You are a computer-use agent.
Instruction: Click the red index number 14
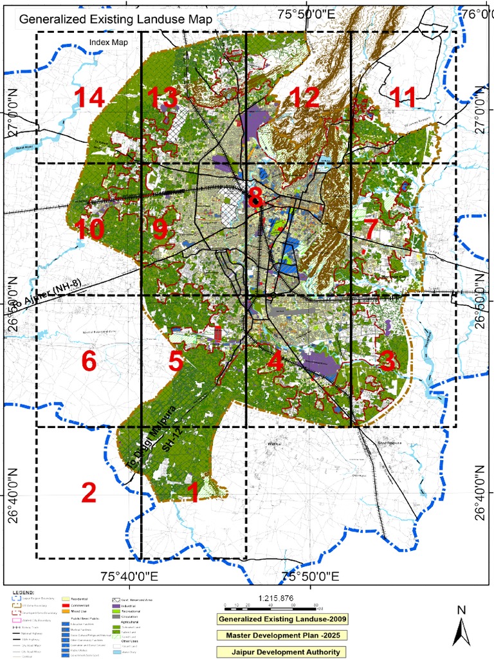(88, 98)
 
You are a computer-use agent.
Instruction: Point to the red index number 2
(89, 493)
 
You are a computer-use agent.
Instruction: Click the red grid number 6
(89, 362)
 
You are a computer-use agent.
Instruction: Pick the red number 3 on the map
(387, 361)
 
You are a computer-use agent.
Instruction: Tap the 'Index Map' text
(109, 42)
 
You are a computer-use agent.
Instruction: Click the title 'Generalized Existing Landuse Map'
(116, 19)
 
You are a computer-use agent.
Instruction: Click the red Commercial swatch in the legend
(66, 606)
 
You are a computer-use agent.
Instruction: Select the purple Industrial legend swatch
(116, 606)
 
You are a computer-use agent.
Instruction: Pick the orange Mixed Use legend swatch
(66, 611)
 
